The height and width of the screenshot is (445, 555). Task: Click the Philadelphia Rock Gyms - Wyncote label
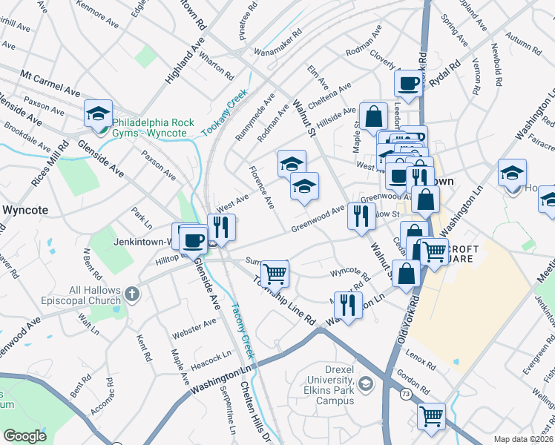pos(154,128)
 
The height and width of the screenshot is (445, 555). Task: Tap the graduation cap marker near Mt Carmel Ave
pos(98,113)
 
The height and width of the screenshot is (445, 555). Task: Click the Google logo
pos(24,436)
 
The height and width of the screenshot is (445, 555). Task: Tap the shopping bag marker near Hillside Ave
pos(374,116)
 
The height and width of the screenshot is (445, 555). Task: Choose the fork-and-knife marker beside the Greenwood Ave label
pos(361,216)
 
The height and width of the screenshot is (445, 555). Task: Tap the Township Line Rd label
pos(283,300)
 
